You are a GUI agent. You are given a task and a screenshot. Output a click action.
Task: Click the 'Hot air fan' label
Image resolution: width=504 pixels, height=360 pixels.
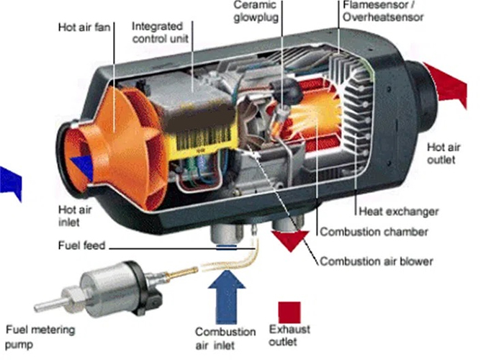point(84,28)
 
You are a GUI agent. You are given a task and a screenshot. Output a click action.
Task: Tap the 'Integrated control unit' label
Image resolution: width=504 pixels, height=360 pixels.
point(160,32)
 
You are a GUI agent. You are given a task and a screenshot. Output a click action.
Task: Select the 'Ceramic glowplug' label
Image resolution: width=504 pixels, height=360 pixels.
point(256,11)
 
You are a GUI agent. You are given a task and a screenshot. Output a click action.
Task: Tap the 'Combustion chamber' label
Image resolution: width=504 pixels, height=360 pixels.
point(374,232)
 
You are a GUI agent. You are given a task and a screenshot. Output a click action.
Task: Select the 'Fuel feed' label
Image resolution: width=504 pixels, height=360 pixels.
point(81,246)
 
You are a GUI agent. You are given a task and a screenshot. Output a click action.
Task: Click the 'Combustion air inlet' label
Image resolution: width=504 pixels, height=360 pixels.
point(225,338)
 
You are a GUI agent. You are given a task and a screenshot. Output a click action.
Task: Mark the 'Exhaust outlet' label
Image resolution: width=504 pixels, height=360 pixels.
point(289,336)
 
